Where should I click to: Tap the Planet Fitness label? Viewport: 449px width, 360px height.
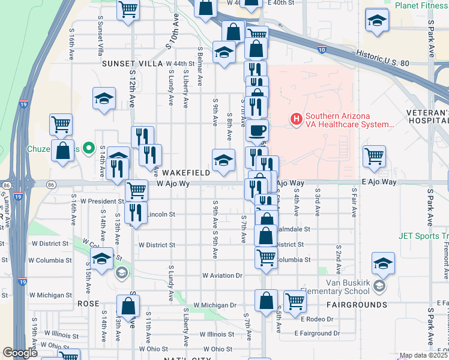pyautogui.click(x=421, y=5)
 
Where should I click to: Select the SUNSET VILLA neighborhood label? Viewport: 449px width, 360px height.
pyautogui.click(x=132, y=63)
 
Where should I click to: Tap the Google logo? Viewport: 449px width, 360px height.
pyautogui.click(x=20, y=353)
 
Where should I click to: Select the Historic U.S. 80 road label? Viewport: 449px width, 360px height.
pyautogui.click(x=382, y=58)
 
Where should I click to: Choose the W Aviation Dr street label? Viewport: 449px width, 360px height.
pyautogui.click(x=221, y=275)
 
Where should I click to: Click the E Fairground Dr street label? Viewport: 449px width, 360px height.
pyautogui.click(x=317, y=333)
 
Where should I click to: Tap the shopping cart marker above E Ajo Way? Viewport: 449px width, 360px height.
pyautogui.click(x=375, y=156)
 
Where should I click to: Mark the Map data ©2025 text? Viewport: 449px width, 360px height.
pyautogui.click(x=423, y=355)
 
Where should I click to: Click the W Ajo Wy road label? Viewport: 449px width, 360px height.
pyautogui.click(x=173, y=184)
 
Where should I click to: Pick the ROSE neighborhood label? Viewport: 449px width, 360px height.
pyautogui.click(x=88, y=304)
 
